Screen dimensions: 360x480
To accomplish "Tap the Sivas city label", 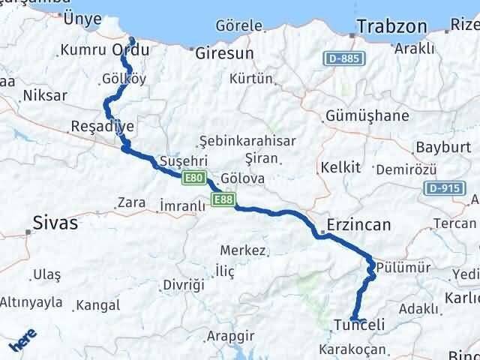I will tap(56, 222).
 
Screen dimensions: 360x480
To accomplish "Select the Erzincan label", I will tap(359, 224).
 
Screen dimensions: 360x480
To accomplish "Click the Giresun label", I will tap(224, 53).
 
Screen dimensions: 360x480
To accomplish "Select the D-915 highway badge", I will tap(442, 187).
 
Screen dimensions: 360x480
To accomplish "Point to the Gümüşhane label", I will tap(367, 115).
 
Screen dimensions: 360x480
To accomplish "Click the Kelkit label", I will tap(340, 166).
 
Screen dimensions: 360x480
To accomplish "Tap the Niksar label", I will tap(45, 95).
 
